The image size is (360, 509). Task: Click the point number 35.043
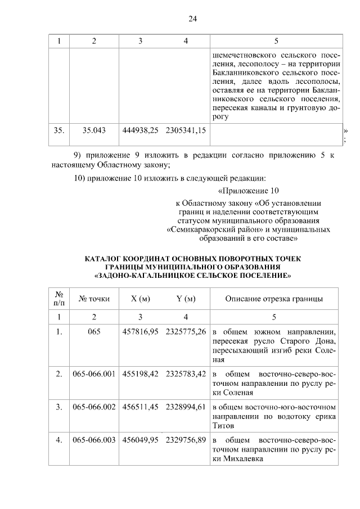point(94,130)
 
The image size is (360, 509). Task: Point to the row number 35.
point(58,130)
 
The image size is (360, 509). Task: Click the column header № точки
point(94,299)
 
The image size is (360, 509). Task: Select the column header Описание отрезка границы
point(274,299)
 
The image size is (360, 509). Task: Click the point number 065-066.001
point(94,373)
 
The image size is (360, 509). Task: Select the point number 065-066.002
point(94,406)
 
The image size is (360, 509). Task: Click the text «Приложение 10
point(247,191)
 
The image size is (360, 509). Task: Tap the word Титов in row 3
point(223,426)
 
